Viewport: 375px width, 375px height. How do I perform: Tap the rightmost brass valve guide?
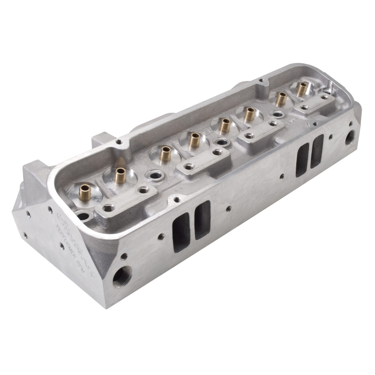[302, 89]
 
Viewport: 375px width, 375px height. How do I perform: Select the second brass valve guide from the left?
[120, 176]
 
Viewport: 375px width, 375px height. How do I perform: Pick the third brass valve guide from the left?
[165, 153]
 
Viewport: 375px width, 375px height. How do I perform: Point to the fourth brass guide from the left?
[195, 139]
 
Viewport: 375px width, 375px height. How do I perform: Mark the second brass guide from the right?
[281, 99]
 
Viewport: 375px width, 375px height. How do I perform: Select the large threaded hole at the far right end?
[351, 137]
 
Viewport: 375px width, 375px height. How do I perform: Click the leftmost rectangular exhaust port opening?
[181, 232]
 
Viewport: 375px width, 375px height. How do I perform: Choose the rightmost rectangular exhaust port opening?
[317, 151]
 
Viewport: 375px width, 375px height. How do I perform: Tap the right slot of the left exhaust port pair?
[202, 220]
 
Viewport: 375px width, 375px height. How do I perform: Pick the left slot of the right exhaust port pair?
[302, 160]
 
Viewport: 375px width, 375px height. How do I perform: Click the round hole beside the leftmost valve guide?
[83, 217]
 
